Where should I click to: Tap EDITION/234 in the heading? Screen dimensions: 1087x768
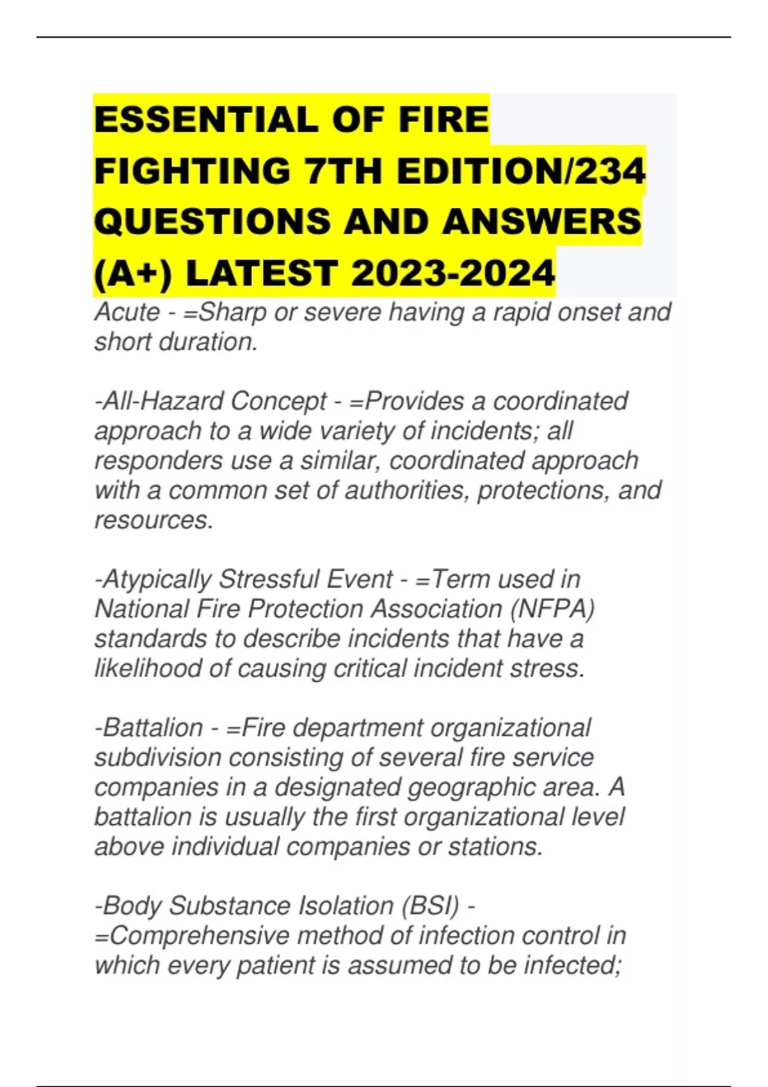[521, 171]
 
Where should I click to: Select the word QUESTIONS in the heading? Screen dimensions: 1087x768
[212, 222]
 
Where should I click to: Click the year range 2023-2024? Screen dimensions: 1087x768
[452, 273]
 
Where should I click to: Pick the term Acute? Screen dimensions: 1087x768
[127, 313]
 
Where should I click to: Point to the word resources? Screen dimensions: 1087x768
[154, 520]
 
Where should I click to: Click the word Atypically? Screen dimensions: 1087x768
[154, 579]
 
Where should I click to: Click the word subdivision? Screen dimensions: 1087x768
[158, 758]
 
